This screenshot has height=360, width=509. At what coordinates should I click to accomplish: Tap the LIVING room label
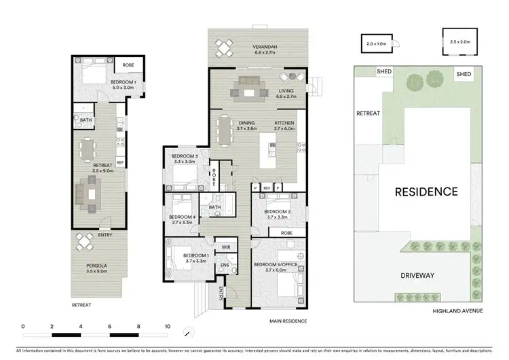point(285,89)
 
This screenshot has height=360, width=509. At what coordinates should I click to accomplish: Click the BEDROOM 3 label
point(185,160)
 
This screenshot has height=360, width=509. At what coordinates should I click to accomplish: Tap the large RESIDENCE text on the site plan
point(426,192)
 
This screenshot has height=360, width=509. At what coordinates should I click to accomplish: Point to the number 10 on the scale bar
point(167,327)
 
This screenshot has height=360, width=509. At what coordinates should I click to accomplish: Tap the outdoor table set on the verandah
point(224,48)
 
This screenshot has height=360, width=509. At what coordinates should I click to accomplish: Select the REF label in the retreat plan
point(119,162)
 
